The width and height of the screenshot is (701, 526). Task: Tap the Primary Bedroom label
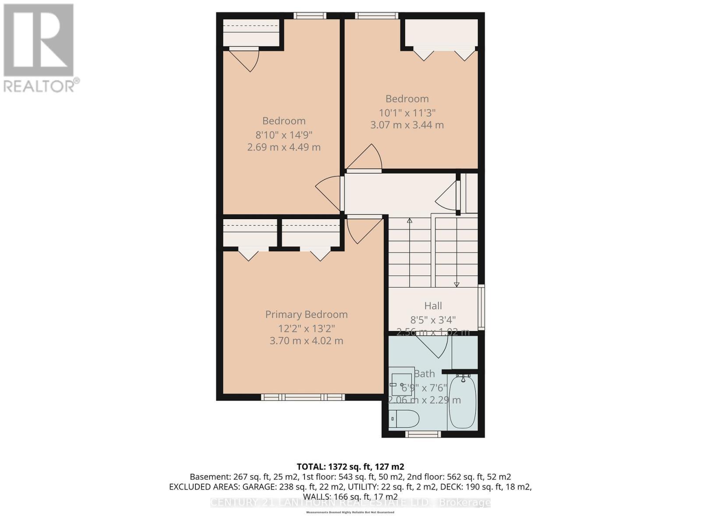pyautogui.click(x=306, y=314)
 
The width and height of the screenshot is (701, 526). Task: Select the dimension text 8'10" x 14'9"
pyautogui.click(x=284, y=135)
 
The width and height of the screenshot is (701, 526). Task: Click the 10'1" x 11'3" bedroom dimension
pyautogui.click(x=407, y=113)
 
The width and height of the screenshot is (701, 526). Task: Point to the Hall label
pyautogui.click(x=433, y=306)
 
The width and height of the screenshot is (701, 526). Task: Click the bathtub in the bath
pyautogui.click(x=462, y=401)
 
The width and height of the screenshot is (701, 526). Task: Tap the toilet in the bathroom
pyautogui.click(x=404, y=419)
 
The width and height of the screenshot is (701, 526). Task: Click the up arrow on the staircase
pyautogui.click(x=410, y=221)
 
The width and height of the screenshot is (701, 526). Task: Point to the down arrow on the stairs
pyautogui.click(x=457, y=284)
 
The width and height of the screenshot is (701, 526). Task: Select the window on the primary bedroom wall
pyautogui.click(x=303, y=397)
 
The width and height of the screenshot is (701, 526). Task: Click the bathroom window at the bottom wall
pyautogui.click(x=422, y=434)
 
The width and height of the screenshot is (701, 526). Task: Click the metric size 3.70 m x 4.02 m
pyautogui.click(x=306, y=341)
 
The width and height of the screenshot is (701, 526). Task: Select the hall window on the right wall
pyautogui.click(x=481, y=307)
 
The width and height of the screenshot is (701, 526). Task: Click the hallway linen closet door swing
pyautogui.click(x=447, y=197)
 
